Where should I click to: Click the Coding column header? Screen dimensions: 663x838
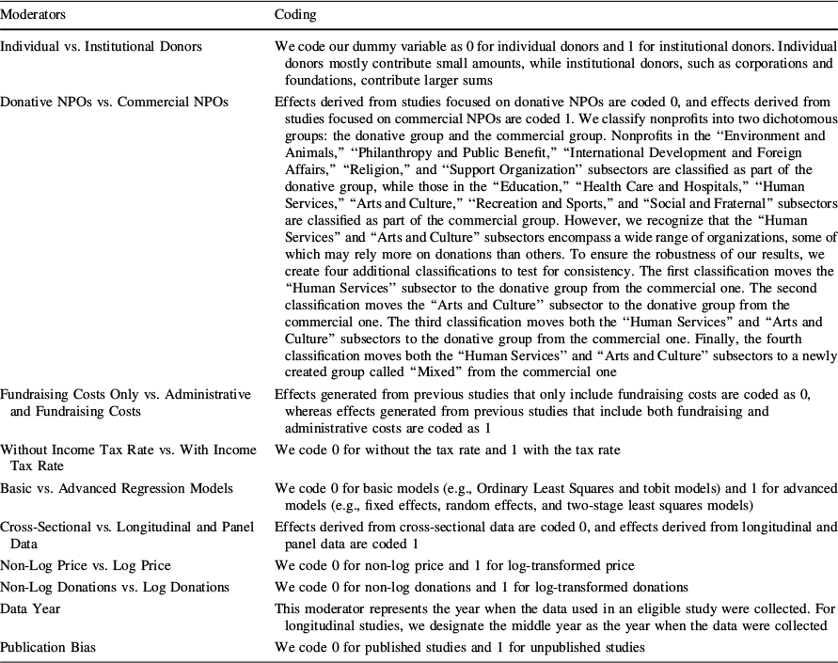tap(295, 15)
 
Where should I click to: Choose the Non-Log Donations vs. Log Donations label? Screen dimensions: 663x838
tap(115, 587)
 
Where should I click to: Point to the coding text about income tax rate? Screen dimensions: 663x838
tap(448, 450)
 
